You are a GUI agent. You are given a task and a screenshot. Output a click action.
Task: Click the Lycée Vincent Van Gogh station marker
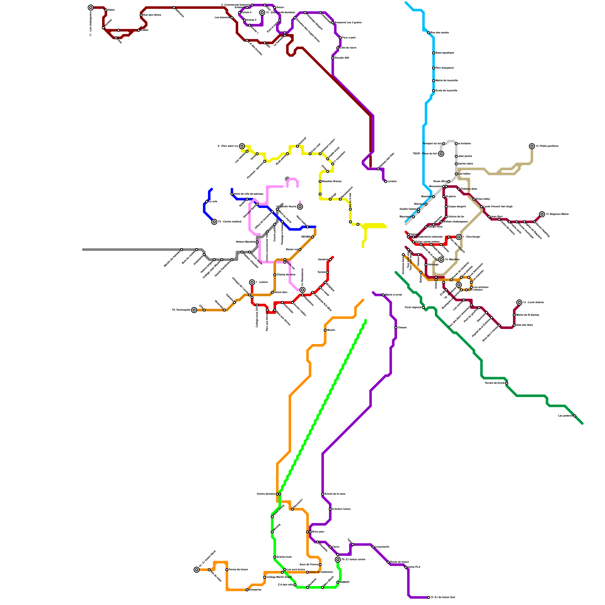pyautogui.click(x=481, y=207)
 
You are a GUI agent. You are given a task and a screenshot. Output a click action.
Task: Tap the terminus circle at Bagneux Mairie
pyautogui.click(x=542, y=214)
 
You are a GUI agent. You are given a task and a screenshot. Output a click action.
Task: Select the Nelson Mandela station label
pyautogui.click(x=245, y=242)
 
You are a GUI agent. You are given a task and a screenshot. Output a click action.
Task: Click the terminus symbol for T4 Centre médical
pyautogui.click(x=214, y=222)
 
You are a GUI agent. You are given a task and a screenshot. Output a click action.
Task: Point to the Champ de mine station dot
pyautogui.click(x=275, y=275)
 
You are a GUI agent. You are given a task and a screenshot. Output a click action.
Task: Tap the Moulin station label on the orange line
pyautogui.click(x=331, y=330)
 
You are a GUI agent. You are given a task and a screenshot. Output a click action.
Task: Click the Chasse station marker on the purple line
pyautogui.click(x=396, y=328)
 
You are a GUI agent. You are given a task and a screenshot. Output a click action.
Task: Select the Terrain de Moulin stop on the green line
pyautogui.click(x=507, y=383)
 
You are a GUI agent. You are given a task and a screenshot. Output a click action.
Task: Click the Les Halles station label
pyautogui.click(x=464, y=174)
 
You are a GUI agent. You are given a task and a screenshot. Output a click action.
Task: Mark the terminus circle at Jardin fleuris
pyautogui.click(x=300, y=207)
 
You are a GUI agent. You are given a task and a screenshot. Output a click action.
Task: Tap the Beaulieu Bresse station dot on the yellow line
pyautogui.click(x=320, y=181)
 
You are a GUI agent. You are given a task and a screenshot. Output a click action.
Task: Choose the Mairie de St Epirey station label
pyautogui.click(x=527, y=315)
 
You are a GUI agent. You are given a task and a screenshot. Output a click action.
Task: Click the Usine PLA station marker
pyautogui.click(x=406, y=567)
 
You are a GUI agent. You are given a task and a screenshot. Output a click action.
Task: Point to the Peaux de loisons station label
pyautogui.click(x=238, y=569)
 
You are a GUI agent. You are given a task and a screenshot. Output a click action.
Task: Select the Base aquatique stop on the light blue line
pyautogui.click(x=433, y=53)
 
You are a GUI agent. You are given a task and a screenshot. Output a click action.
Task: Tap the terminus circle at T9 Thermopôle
pyautogui.click(x=194, y=310)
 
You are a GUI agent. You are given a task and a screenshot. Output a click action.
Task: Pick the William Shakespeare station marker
pyautogui.click(x=441, y=222)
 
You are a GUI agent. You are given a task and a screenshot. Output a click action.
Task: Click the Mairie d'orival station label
pyautogui.click(x=393, y=295)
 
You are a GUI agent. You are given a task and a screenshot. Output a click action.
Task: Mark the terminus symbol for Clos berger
pyautogui.click(x=459, y=237)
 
